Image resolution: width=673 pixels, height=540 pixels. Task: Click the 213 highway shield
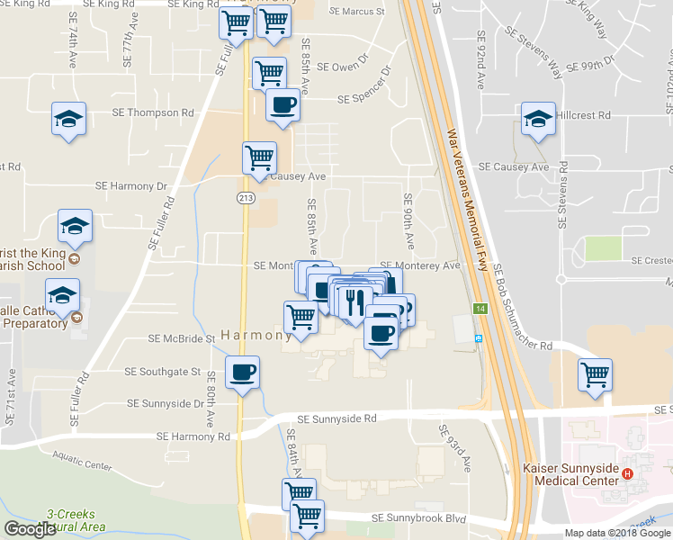244,197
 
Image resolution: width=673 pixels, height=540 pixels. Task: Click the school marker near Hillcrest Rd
538,119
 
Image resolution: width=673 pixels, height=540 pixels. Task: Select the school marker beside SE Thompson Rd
68,119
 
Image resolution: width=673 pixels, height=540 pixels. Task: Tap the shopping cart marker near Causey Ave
260,157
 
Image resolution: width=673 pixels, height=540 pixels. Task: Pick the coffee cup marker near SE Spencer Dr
283,104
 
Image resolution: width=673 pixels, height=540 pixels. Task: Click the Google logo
29,529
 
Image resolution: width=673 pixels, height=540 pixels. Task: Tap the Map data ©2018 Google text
617,533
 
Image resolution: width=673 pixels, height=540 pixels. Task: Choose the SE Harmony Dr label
132,186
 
